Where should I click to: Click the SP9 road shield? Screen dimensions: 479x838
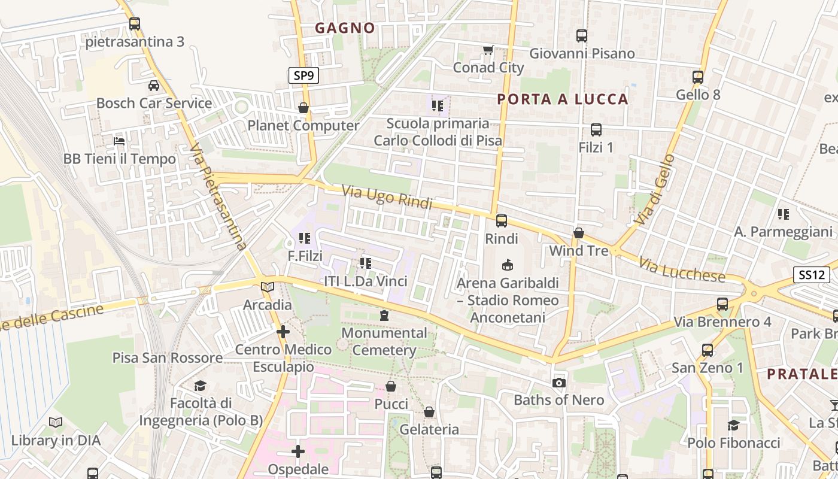point(303,75)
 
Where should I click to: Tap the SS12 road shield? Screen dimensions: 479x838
point(811,275)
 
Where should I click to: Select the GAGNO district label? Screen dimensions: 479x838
point(345,28)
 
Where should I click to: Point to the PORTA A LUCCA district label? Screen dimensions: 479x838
point(563,99)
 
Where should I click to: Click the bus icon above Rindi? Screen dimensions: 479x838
point(502,221)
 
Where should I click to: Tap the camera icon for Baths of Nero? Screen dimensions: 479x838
point(559,383)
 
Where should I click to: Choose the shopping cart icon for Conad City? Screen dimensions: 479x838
point(488,50)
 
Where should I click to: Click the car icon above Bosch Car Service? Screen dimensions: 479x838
point(154,85)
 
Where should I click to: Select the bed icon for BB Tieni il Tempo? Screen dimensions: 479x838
point(120,141)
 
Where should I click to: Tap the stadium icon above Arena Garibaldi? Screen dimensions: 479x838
point(508,265)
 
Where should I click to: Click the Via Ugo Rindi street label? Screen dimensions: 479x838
point(387,197)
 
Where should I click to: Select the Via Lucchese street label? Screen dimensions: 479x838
point(682,270)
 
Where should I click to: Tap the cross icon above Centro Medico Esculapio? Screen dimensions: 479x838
point(283,331)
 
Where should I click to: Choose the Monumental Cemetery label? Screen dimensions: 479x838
point(384,341)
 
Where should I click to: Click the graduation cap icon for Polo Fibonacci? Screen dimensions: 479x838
point(733,425)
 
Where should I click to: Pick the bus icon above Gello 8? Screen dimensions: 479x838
point(698,77)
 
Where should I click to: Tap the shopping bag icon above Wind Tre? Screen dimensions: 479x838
point(579,233)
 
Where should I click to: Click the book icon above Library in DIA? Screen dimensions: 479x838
point(56,423)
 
